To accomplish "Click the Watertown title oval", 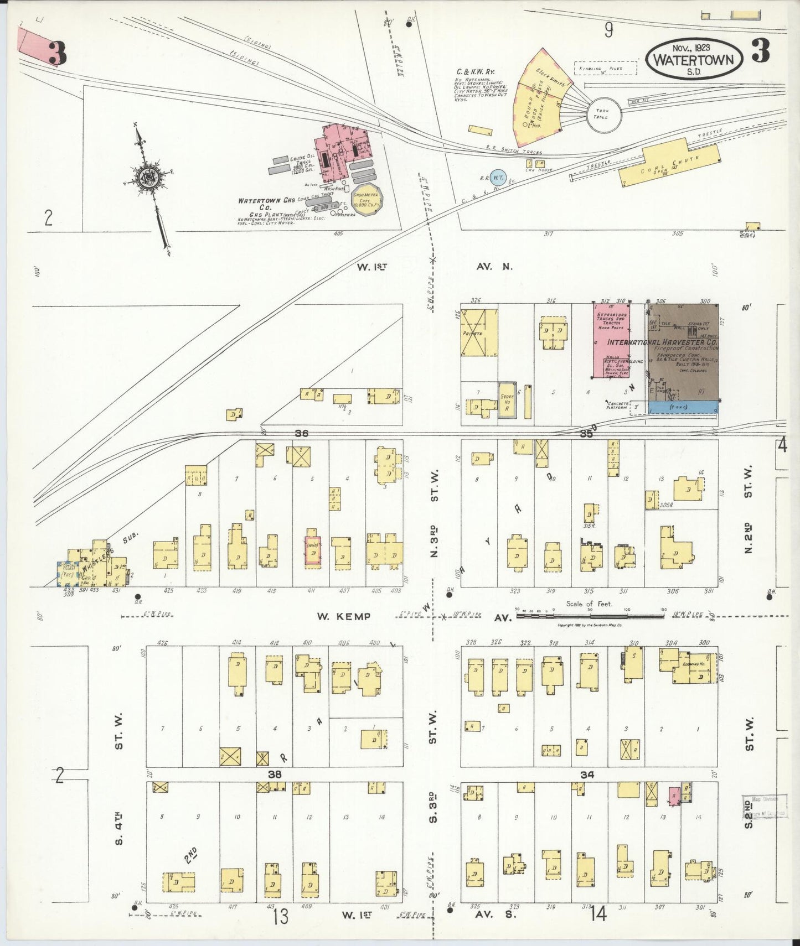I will (x=694, y=59).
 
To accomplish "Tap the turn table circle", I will (x=603, y=115).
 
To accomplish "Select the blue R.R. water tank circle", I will (x=498, y=176).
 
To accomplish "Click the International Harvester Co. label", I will (x=662, y=342).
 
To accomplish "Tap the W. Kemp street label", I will (x=343, y=616).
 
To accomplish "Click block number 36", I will (x=301, y=433).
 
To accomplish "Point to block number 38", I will (x=275, y=775).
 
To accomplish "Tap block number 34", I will (x=587, y=775).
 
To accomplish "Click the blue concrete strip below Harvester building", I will (x=683, y=407).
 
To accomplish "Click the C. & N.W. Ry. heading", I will (x=475, y=71).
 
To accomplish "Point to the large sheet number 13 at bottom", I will (x=280, y=916).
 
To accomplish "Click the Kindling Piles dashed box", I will (x=605, y=68).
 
